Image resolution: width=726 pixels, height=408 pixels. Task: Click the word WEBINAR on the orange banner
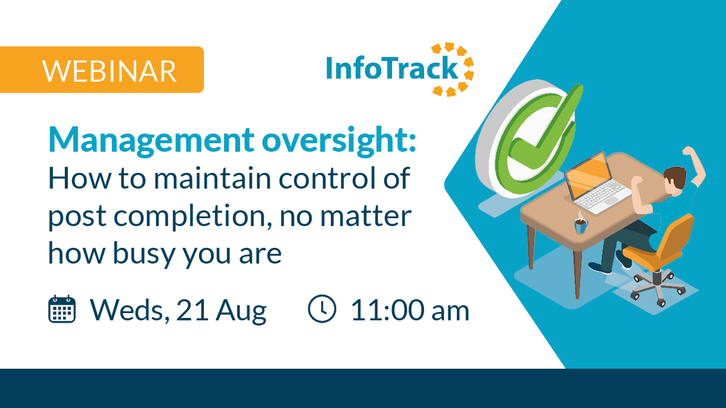coord(110,71)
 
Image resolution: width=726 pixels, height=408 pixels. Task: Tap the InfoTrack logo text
coord(391,68)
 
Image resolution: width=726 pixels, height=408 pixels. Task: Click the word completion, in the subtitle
coord(192,217)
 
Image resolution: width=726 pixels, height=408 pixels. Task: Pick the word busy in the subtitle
coord(144,254)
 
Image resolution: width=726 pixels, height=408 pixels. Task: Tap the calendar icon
coord(62,309)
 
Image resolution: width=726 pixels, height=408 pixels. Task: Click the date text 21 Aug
coord(221,311)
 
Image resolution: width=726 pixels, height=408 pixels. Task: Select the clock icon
coord(322,309)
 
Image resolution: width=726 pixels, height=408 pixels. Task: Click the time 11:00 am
coord(410,311)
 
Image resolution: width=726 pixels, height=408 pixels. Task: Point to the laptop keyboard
coord(602,195)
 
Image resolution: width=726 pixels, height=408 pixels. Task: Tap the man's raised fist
coord(688,151)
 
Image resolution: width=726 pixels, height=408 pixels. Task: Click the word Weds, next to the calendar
coord(130,311)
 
